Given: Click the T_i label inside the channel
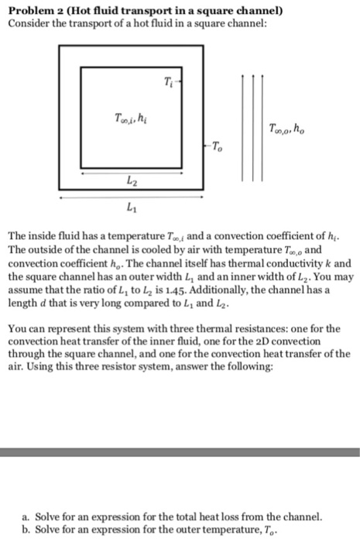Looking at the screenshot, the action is pos(170,83).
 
